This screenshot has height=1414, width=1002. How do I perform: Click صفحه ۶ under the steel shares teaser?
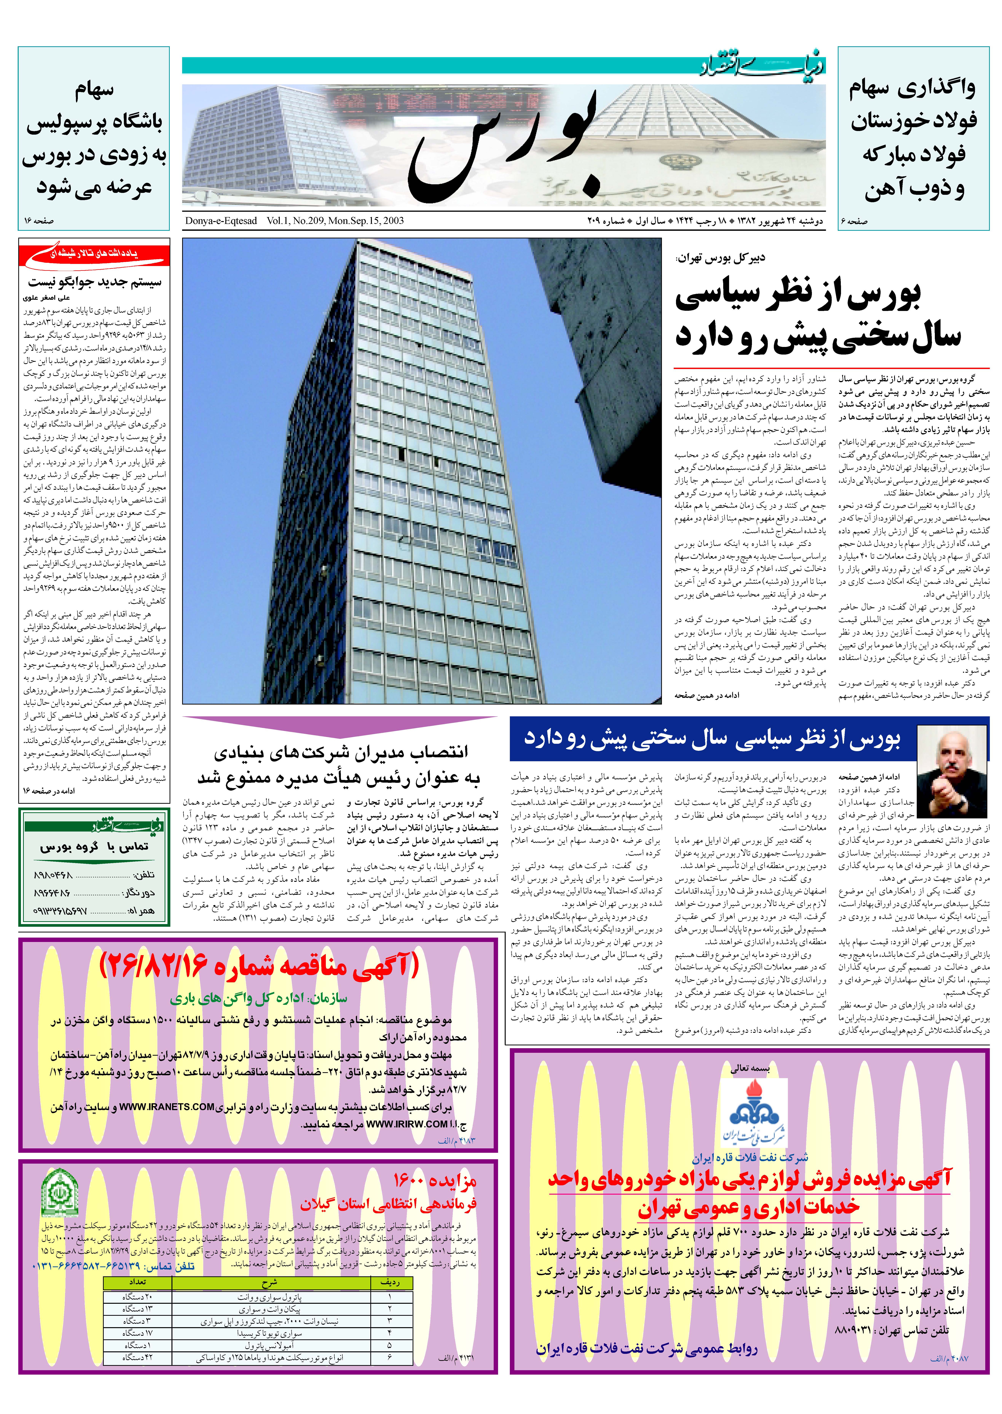pyautogui.click(x=854, y=221)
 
